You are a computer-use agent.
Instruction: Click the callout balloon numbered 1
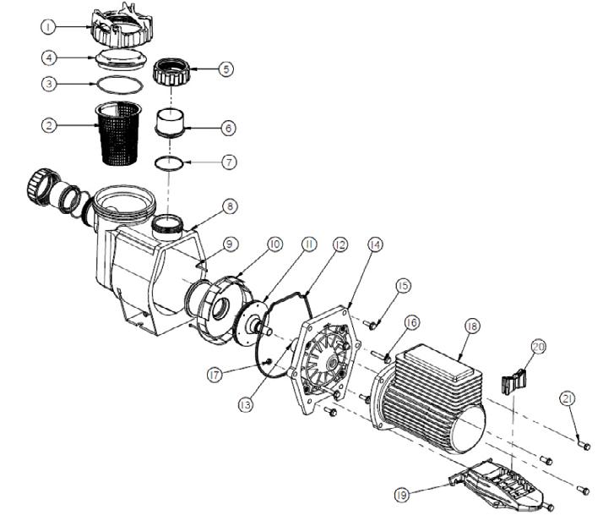click(x=49, y=27)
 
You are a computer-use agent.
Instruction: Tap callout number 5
click(x=225, y=69)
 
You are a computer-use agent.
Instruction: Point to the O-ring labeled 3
click(x=117, y=84)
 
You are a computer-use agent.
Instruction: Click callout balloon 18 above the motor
click(x=470, y=327)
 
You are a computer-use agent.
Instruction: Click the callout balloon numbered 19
click(x=404, y=494)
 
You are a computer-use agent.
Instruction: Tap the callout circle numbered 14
click(x=375, y=245)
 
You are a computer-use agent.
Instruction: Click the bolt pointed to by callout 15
click(x=369, y=322)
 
